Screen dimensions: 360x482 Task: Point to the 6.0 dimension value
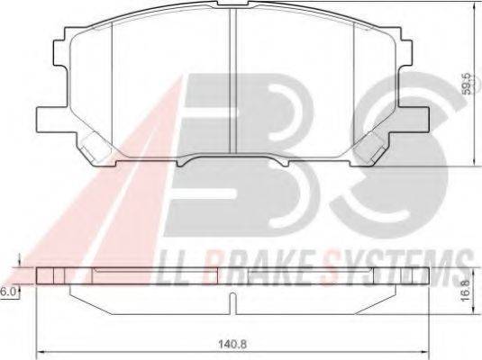[x=8, y=292]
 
